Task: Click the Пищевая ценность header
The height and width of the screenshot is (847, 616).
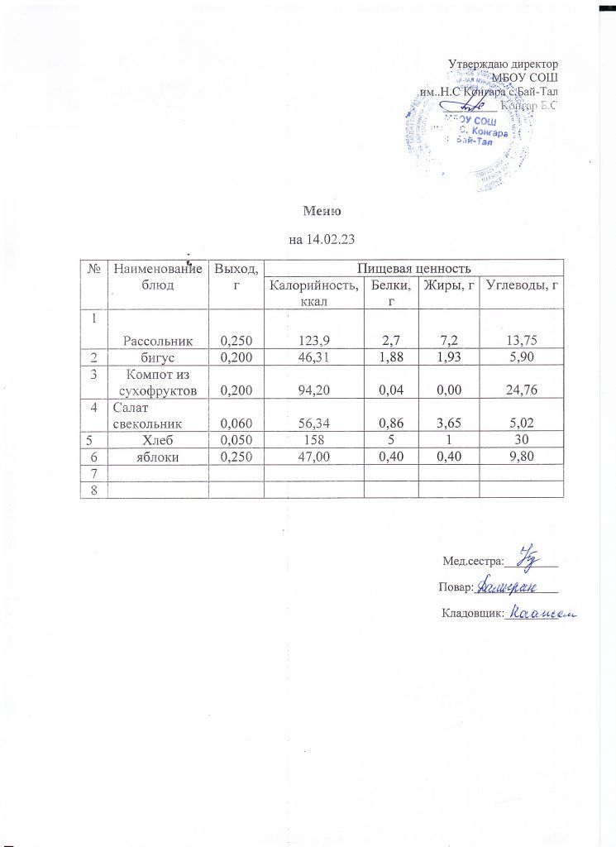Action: point(413,268)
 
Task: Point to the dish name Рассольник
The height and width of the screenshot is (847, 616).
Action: point(158,339)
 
